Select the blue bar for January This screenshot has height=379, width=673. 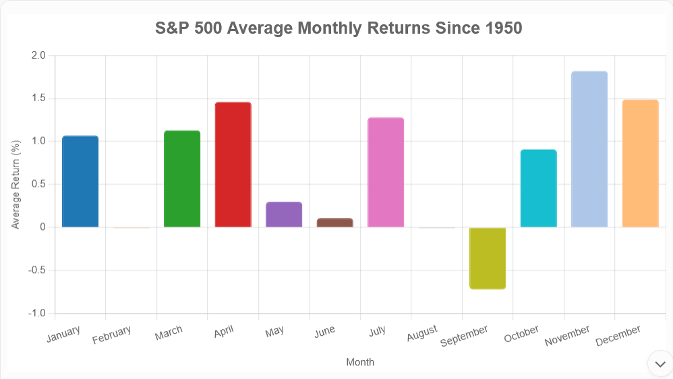click(x=80, y=181)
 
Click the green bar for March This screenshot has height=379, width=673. click(x=182, y=179)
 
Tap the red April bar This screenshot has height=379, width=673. click(x=233, y=165)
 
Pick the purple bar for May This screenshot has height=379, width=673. click(x=284, y=214)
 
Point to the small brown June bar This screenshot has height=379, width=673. click(x=334, y=223)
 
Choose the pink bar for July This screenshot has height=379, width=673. click(x=386, y=173)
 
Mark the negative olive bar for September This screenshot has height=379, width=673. click(x=488, y=258)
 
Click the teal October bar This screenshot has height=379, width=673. click(x=538, y=188)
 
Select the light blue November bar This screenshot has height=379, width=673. click(x=589, y=149)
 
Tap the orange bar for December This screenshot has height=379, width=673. click(x=640, y=163)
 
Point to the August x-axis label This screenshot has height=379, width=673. click(x=422, y=333)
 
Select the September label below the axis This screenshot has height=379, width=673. click(x=464, y=336)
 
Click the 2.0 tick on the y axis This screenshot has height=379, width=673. click(x=38, y=55)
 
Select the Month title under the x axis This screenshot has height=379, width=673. click(x=360, y=362)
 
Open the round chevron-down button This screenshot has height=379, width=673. click(x=660, y=363)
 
